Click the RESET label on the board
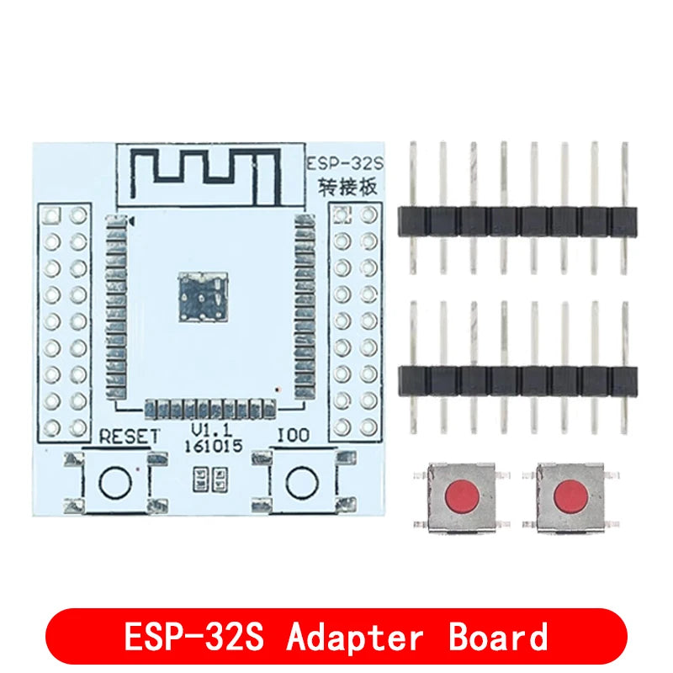pyautogui.click(x=129, y=437)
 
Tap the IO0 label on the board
pyautogui.click(x=294, y=436)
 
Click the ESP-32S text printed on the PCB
pyautogui.click(x=345, y=164)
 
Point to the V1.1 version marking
pyautogui.click(x=212, y=430)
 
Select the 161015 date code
pyautogui.click(x=214, y=447)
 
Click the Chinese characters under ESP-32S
pyautogui.click(x=347, y=187)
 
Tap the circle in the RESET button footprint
pyautogui.click(x=115, y=482)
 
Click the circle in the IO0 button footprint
pyautogui.click(x=302, y=483)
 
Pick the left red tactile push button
pyautogui.click(x=462, y=498)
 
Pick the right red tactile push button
pyautogui.click(x=570, y=498)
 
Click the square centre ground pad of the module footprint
pyautogui.click(x=203, y=297)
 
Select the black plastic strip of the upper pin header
pyautogui.click(x=517, y=221)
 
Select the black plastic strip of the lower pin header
pyautogui.click(x=517, y=381)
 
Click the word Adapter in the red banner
pyautogui.click(x=355, y=638)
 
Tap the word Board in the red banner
pyautogui.click(x=498, y=636)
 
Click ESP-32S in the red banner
pyautogui.click(x=193, y=637)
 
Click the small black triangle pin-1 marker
pyautogui.click(x=132, y=221)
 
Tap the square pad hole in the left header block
pyautogui.click(x=52, y=215)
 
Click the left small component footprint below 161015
pyautogui.click(x=200, y=480)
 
